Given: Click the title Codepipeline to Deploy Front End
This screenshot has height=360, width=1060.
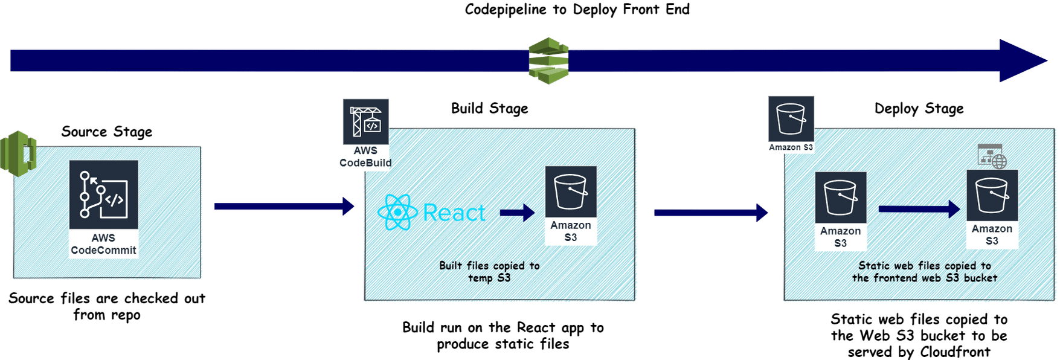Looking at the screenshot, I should pyautogui.click(x=577, y=10).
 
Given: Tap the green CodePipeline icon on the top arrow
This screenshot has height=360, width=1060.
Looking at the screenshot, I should pyautogui.click(x=548, y=60).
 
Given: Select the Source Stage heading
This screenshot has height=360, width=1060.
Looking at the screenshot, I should pyautogui.click(x=107, y=132).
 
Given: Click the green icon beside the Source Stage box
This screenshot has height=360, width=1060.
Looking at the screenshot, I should pyautogui.click(x=19, y=153).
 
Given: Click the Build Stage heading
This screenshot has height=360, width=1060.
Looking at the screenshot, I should pyautogui.click(x=489, y=109).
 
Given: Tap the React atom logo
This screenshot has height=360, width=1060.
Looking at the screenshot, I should pyautogui.click(x=397, y=213).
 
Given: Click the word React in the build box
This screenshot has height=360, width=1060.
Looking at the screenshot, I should pyautogui.click(x=454, y=213).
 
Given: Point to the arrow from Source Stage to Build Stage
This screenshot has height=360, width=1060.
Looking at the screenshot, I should pyautogui.click(x=284, y=207).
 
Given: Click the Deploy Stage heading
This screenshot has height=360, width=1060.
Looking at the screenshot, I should pyautogui.click(x=919, y=109).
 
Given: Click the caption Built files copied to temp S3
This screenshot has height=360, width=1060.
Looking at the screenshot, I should pyautogui.click(x=489, y=272).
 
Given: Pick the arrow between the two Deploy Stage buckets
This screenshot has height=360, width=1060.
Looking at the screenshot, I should pyautogui.click(x=919, y=210).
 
